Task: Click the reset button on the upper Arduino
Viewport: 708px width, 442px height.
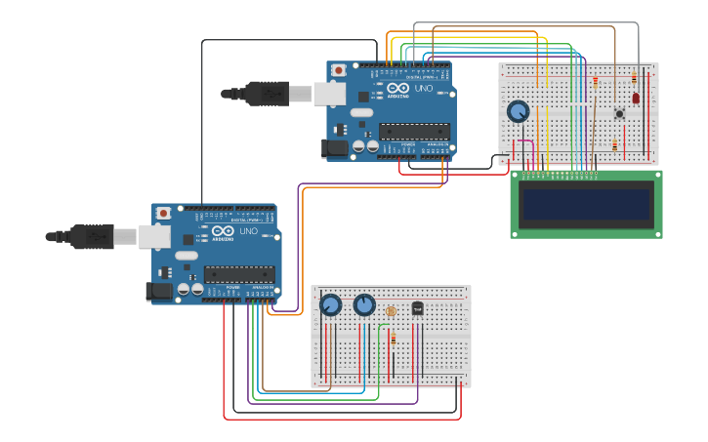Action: pyautogui.click(x=339, y=70)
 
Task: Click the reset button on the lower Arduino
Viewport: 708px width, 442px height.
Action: pyautogui.click(x=164, y=213)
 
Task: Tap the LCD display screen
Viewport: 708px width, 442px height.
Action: pyautogui.click(x=586, y=205)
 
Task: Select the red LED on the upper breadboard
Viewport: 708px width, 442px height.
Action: pyautogui.click(x=636, y=98)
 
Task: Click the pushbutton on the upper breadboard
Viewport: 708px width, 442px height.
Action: pyautogui.click(x=619, y=113)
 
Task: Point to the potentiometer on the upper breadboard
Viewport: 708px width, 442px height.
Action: pyautogui.click(x=518, y=111)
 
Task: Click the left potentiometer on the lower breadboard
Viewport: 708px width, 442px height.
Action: pyautogui.click(x=331, y=305)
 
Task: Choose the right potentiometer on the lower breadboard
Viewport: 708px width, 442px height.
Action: pyautogui.click(x=364, y=305)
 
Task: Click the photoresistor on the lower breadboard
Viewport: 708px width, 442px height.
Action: pyautogui.click(x=391, y=311)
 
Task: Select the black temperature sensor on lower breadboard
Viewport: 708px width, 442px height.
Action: pyautogui.click(x=417, y=308)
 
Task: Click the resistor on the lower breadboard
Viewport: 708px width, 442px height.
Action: pyautogui.click(x=394, y=339)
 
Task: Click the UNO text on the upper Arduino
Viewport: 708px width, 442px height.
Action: pyautogui.click(x=424, y=89)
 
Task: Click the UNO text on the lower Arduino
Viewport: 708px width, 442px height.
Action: pyautogui.click(x=249, y=231)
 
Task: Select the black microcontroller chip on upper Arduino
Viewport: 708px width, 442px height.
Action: pyautogui.click(x=414, y=131)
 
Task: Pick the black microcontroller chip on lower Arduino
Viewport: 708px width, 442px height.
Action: pyautogui.click(x=239, y=274)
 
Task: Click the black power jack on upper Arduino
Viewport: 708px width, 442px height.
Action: pyautogui.click(x=335, y=148)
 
